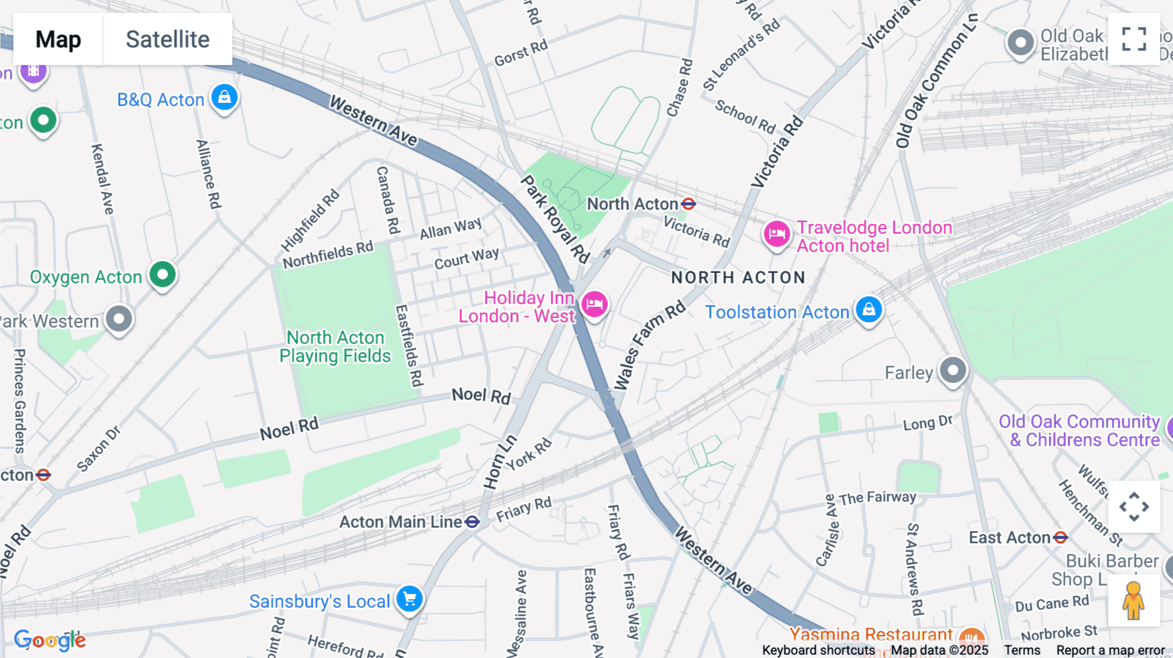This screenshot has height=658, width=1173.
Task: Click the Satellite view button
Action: [x=167, y=39]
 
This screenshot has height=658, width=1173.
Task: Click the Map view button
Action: [x=58, y=39]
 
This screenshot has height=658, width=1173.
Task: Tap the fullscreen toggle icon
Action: [x=1134, y=39]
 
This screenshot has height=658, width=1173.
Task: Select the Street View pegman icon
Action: [x=1133, y=601]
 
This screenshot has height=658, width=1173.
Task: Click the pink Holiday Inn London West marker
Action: [x=594, y=304]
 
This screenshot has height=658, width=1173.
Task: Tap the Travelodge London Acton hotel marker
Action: [x=777, y=233]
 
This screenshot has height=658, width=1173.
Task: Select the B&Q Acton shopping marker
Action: [x=224, y=98]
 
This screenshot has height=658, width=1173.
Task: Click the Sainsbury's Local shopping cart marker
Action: [x=410, y=599]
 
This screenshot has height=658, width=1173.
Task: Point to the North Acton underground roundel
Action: [x=688, y=204]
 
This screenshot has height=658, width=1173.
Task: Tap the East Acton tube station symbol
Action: [x=1060, y=537]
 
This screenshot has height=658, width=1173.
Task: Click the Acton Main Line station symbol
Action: [x=472, y=522]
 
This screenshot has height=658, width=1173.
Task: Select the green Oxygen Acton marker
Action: [x=162, y=274]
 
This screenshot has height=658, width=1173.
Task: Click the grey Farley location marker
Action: [x=953, y=370]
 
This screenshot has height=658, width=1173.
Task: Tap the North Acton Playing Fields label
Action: [x=336, y=347]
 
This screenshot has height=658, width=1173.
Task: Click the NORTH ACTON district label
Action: [x=738, y=278]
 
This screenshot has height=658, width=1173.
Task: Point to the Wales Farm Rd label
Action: [x=649, y=345]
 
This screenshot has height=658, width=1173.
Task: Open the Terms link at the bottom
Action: [x=1022, y=650]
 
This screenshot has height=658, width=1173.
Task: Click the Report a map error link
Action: [x=1110, y=650]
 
